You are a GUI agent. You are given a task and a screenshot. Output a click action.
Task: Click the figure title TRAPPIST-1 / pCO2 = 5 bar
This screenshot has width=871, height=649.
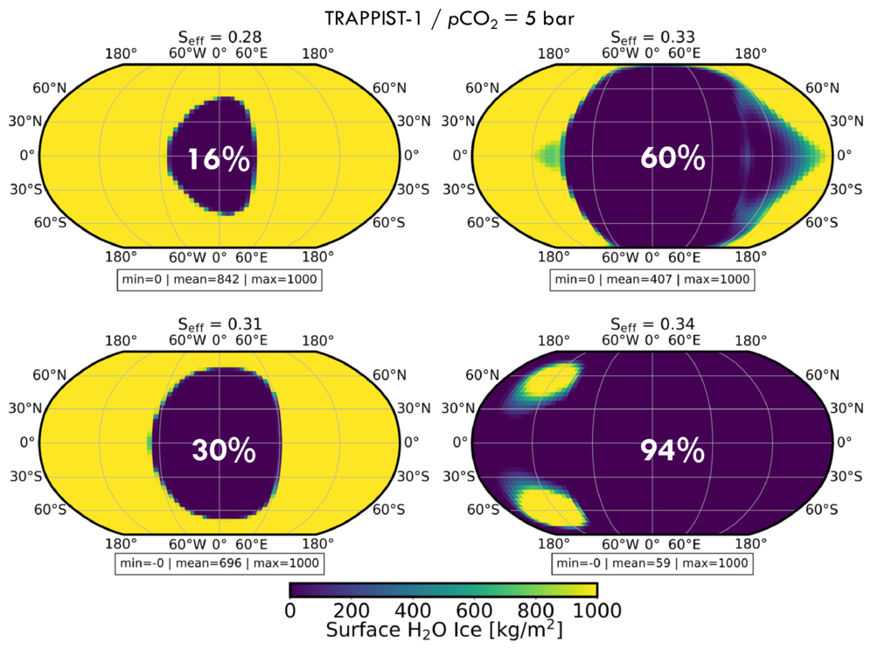(449, 19)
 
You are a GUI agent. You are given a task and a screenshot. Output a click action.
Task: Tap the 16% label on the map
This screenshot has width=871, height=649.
(219, 159)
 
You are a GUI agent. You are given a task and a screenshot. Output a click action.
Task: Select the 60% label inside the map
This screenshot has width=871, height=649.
(672, 158)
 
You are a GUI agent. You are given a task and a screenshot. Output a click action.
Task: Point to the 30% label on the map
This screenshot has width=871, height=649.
(224, 450)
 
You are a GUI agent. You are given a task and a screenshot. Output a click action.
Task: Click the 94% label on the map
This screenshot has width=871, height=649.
(672, 450)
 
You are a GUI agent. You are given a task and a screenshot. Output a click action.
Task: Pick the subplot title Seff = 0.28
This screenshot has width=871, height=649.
(219, 38)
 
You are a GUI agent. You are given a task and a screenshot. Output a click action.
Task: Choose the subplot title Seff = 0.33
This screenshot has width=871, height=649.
(652, 38)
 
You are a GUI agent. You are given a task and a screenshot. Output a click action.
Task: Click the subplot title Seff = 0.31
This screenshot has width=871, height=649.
(219, 324)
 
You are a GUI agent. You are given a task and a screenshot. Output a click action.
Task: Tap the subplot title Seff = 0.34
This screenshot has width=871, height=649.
(652, 324)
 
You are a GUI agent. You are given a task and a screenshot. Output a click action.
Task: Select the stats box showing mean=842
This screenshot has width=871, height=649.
(219, 280)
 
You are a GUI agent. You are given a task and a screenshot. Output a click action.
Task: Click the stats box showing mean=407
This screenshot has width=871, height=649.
(652, 280)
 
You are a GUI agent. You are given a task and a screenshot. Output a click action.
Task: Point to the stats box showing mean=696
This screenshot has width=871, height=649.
(219, 563)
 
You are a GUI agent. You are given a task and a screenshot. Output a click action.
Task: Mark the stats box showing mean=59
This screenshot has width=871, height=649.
(652, 563)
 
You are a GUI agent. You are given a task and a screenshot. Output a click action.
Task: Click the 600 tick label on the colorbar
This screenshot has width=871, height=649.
(474, 611)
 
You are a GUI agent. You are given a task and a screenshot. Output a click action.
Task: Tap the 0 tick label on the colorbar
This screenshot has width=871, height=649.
(290, 611)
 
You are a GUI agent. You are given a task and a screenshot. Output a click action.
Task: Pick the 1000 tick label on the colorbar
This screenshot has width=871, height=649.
(596, 611)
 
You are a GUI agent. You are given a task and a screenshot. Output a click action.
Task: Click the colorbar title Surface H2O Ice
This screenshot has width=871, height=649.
(444, 631)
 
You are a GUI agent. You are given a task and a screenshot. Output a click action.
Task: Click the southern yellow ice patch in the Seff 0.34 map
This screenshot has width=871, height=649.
(552, 506)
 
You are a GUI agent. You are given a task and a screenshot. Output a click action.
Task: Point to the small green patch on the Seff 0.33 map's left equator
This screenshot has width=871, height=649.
(549, 155)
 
